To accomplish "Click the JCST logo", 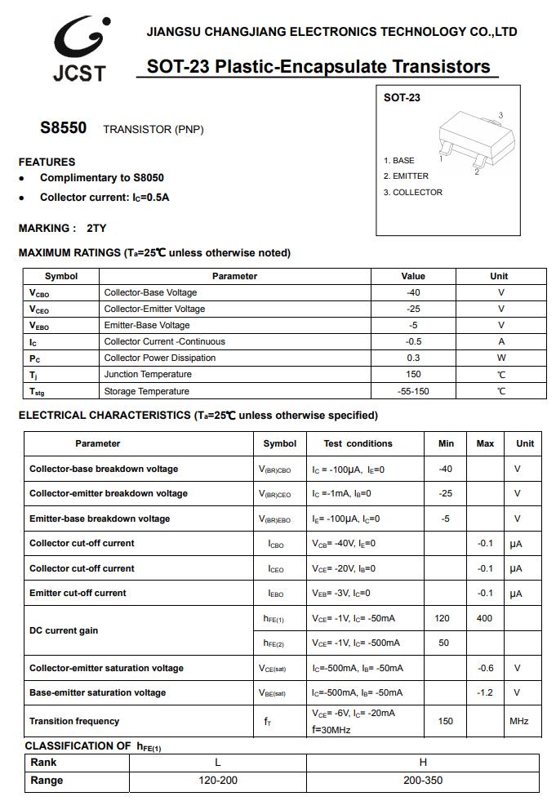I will (x=79, y=49).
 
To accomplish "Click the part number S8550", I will (x=63, y=128).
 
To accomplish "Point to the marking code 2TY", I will (x=96, y=229).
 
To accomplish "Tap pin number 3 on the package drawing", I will (x=500, y=115).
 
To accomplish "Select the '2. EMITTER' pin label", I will (x=406, y=176).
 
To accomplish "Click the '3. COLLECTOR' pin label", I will (x=413, y=193).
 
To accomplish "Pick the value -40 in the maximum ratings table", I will (x=413, y=292).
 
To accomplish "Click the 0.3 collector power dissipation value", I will (x=413, y=358).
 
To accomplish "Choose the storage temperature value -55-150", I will (x=413, y=391).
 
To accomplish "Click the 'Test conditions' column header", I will (x=358, y=443).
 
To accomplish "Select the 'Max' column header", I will (x=485, y=443).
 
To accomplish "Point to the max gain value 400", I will (x=484, y=618).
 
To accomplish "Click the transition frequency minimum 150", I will (x=446, y=721).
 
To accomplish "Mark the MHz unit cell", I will (x=519, y=721).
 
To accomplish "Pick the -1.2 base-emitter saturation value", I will (x=485, y=692).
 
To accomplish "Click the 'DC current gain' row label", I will (x=64, y=630).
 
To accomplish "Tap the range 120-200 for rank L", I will (x=218, y=781).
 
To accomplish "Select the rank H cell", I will (x=423, y=762).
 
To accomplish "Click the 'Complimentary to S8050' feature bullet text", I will (x=102, y=178).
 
